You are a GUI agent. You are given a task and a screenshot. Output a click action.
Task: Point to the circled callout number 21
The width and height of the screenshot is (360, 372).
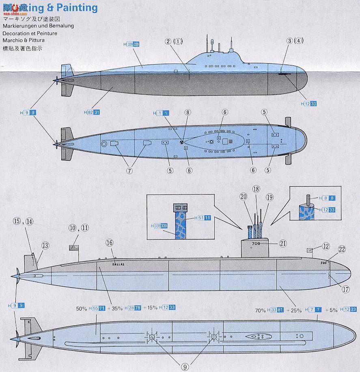[x=282, y=243]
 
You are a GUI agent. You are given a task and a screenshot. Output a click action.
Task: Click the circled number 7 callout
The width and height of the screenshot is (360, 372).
[x=129, y=171]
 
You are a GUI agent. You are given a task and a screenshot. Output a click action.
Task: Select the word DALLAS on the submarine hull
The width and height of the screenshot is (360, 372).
[x=118, y=264]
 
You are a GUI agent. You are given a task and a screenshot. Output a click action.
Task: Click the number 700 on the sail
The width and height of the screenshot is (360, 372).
[x=256, y=244]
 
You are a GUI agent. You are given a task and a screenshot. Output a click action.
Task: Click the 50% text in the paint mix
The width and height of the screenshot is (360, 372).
[x=81, y=308]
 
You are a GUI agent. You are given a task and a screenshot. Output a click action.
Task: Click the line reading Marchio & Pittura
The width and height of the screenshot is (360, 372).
[x=23, y=41]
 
